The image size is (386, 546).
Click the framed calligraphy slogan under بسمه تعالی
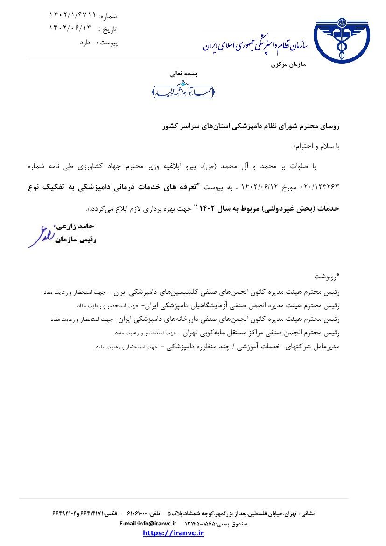pos(183,90)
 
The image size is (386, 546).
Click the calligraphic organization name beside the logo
pos(255,45)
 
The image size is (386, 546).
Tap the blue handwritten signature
pos(42,236)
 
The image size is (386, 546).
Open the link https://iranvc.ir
pos(173,533)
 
